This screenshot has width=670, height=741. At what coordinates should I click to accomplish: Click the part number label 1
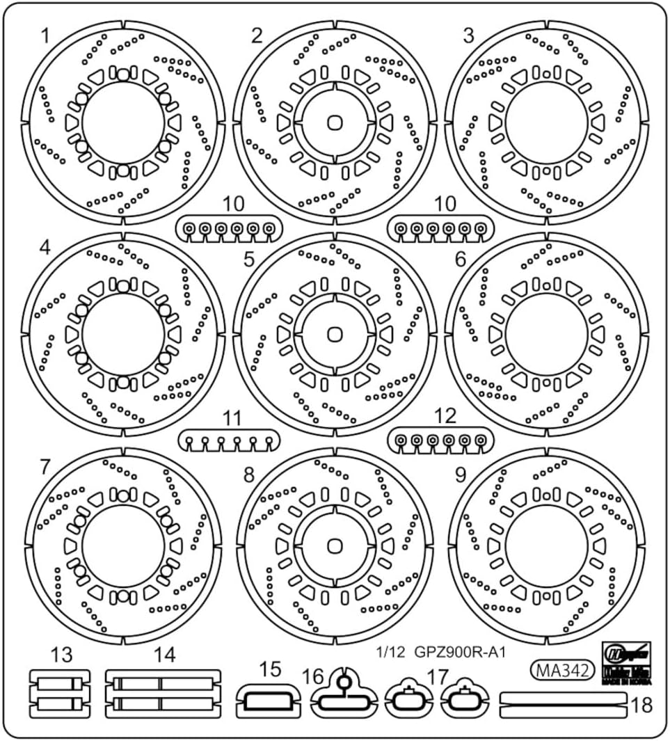coord(46,35)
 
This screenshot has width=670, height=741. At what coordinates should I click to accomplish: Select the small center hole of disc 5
coord(335,333)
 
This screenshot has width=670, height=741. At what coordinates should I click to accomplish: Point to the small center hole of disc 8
coord(335,545)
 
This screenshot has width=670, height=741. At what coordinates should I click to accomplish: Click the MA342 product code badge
coord(563,670)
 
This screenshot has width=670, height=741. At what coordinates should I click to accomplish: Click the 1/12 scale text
coord(390,653)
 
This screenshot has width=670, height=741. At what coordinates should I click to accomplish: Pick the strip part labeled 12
coord(441,440)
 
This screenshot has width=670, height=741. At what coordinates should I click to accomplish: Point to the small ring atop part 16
coord(342,683)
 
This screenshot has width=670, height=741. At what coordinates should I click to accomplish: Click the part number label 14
coord(165,655)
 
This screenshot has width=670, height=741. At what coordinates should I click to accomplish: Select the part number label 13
coord(61,655)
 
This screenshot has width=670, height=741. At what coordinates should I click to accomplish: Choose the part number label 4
coord(46,247)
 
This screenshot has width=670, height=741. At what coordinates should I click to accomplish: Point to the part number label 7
coord(46,467)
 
